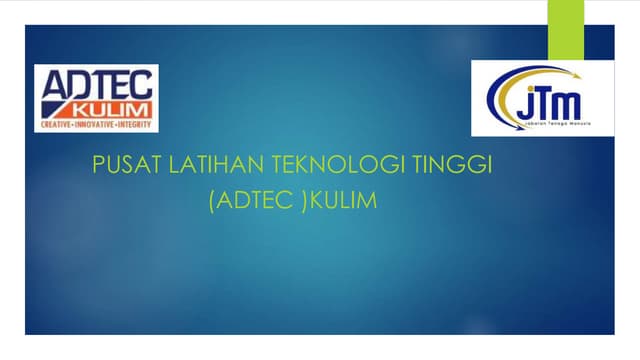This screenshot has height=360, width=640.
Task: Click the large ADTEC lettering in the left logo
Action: click(x=96, y=84)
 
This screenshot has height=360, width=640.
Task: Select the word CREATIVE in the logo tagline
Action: click(x=55, y=125)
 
